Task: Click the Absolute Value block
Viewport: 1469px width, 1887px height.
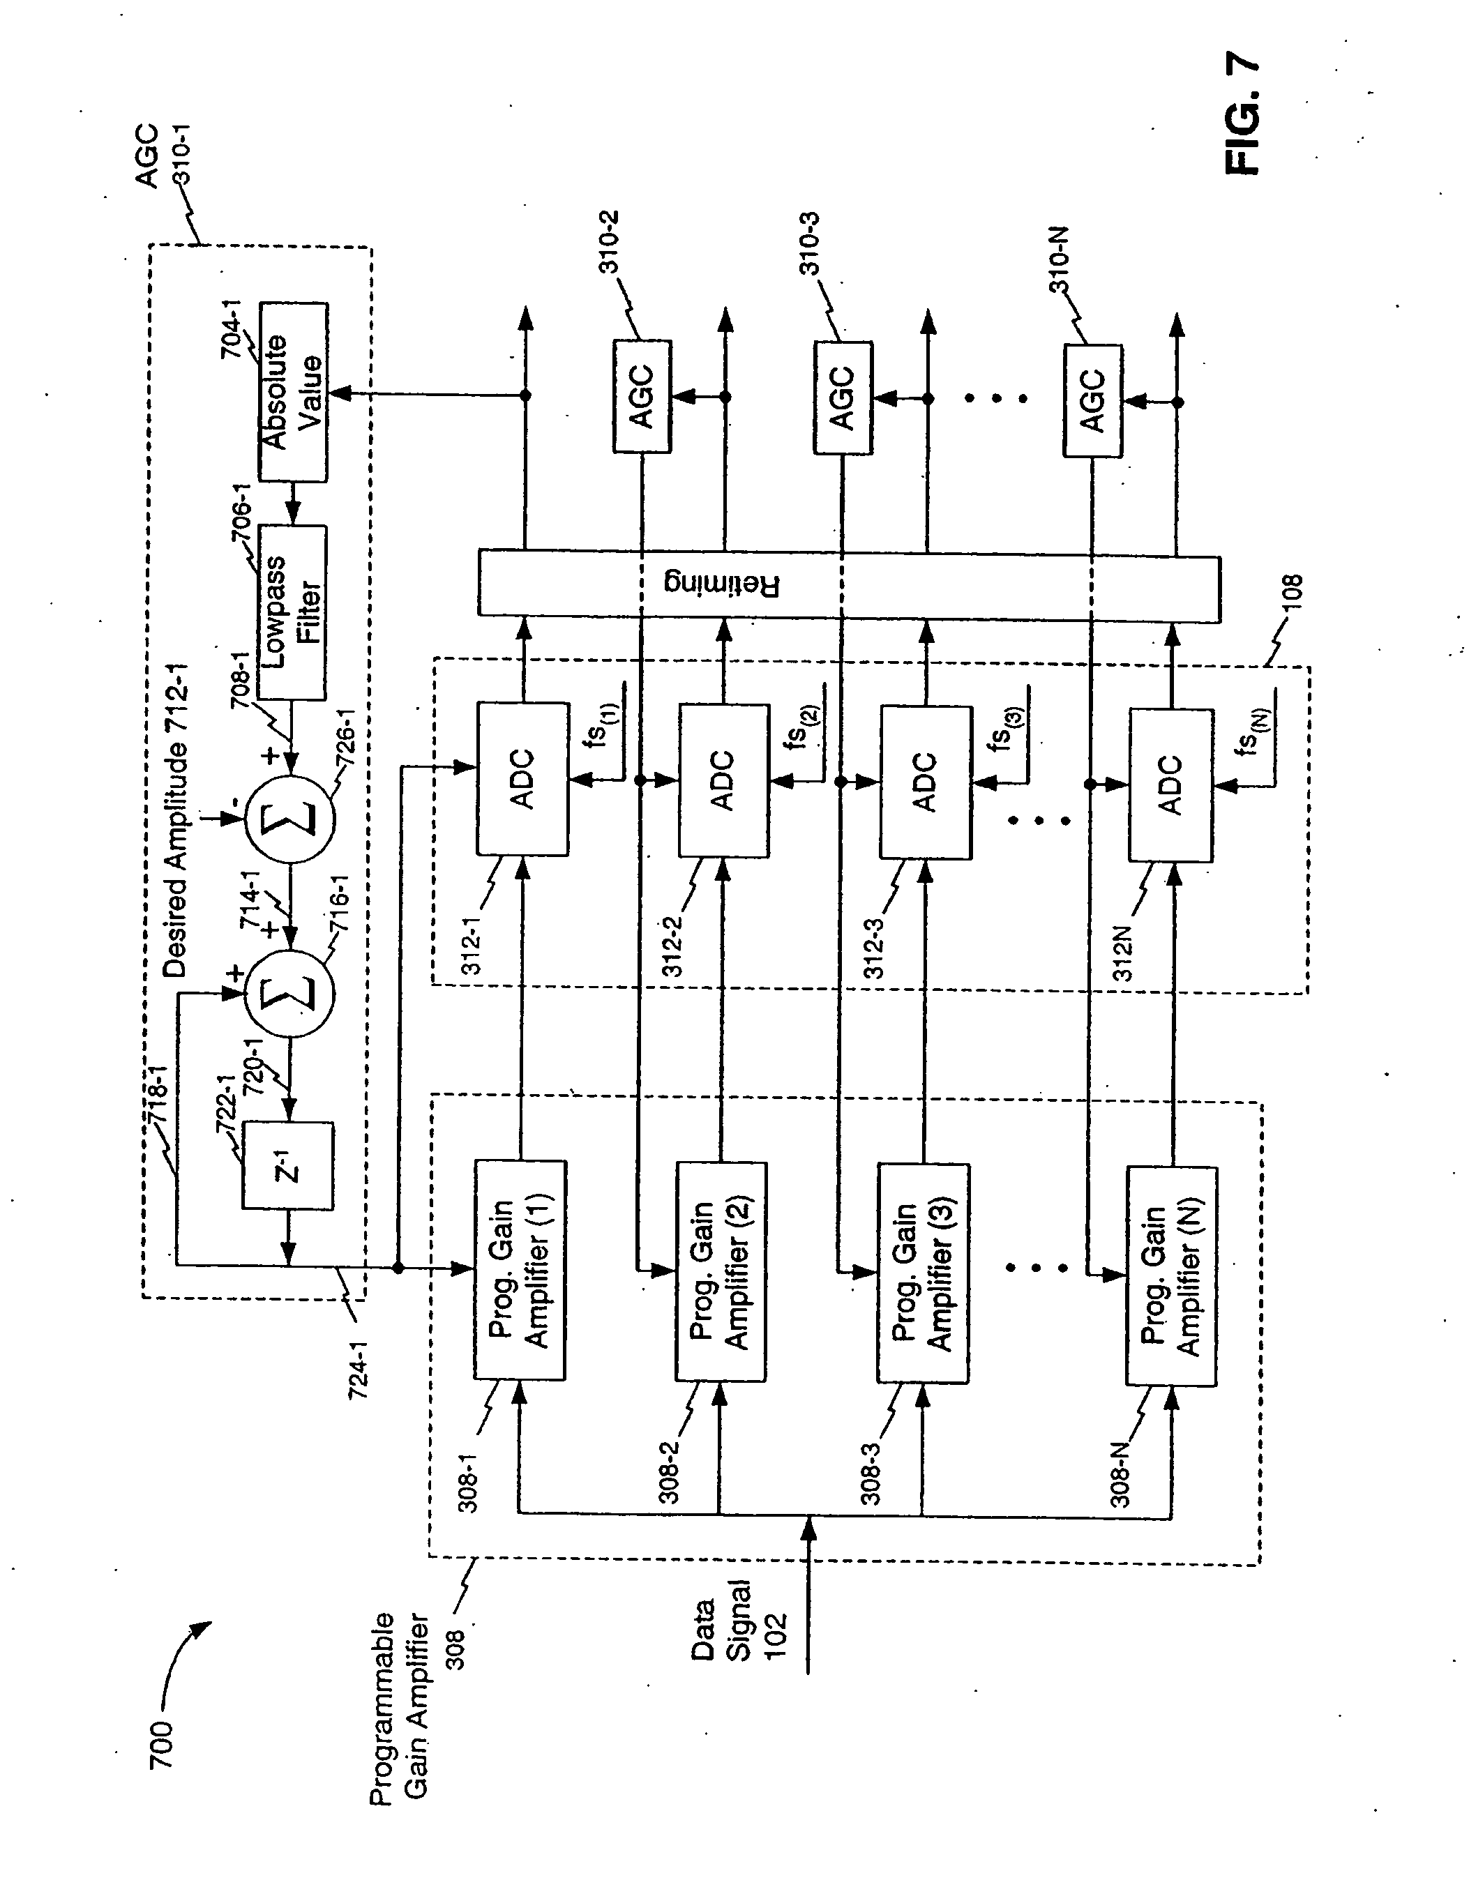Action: [293, 393]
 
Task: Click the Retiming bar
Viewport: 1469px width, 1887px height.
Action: [849, 586]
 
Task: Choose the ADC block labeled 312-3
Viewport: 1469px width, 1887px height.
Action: [926, 782]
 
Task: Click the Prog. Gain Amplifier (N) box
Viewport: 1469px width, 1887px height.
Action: [1172, 1275]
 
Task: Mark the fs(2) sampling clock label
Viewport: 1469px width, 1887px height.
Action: [803, 727]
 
